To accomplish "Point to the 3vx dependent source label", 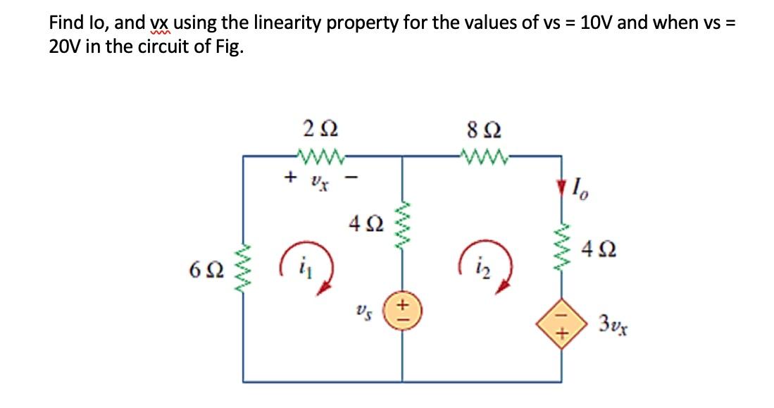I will pos(614,325).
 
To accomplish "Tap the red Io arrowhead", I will pos(561,188).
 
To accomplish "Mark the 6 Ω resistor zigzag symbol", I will pos(244,268).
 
